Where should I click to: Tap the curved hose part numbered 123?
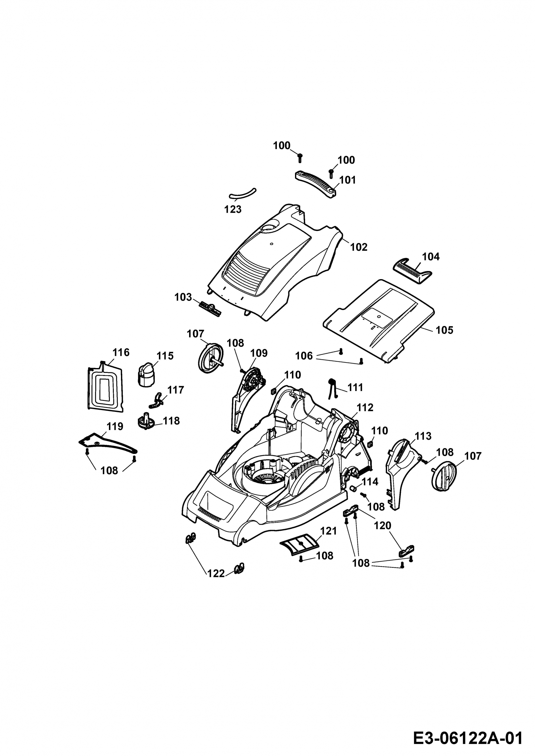click(x=243, y=194)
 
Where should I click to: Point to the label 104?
click(x=431, y=256)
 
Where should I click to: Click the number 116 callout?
click(x=121, y=352)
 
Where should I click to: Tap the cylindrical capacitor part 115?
click(x=145, y=375)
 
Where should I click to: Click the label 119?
click(x=115, y=426)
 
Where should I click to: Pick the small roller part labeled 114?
click(x=353, y=488)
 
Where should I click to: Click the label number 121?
click(x=328, y=531)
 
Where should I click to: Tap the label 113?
click(x=423, y=436)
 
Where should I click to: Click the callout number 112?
click(x=365, y=407)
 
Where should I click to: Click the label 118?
click(x=171, y=421)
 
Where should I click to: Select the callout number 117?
click(x=175, y=390)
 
